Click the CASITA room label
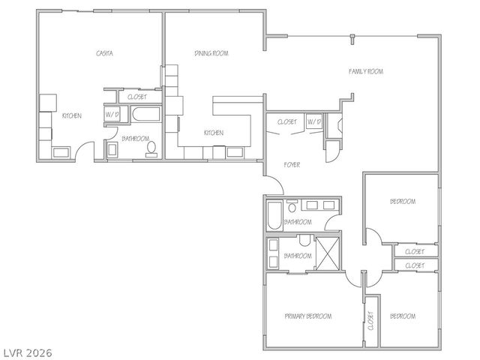click(x=104, y=53)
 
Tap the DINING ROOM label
click(x=211, y=53)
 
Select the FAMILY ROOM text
click(x=365, y=71)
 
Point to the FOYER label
click(x=292, y=163)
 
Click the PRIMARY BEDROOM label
click(x=308, y=316)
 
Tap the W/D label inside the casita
click(x=112, y=115)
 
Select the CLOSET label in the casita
click(x=137, y=97)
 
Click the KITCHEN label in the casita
click(x=71, y=115)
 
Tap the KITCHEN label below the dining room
click(x=214, y=133)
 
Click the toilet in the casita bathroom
click(x=151, y=149)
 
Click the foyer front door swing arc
click(x=274, y=184)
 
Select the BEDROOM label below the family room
click(x=402, y=202)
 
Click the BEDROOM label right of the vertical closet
click(x=402, y=316)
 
